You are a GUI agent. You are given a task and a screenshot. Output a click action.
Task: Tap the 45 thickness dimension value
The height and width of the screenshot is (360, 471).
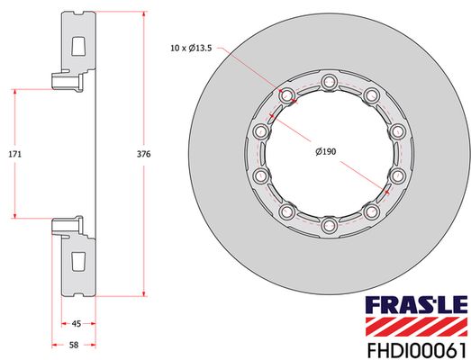coord(77,324)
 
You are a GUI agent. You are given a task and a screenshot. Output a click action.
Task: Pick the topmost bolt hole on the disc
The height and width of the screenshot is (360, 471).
coord(330,85)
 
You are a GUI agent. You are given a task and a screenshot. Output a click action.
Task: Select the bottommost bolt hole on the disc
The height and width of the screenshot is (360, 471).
coord(330,224)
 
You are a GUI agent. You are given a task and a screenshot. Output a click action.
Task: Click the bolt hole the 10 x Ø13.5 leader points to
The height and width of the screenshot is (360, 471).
coord(288,96)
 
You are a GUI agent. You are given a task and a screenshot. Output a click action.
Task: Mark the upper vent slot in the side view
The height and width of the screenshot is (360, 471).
coord(78,44)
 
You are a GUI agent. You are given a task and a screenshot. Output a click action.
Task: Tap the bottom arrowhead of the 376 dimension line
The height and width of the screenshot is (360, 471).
coord(144,294)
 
